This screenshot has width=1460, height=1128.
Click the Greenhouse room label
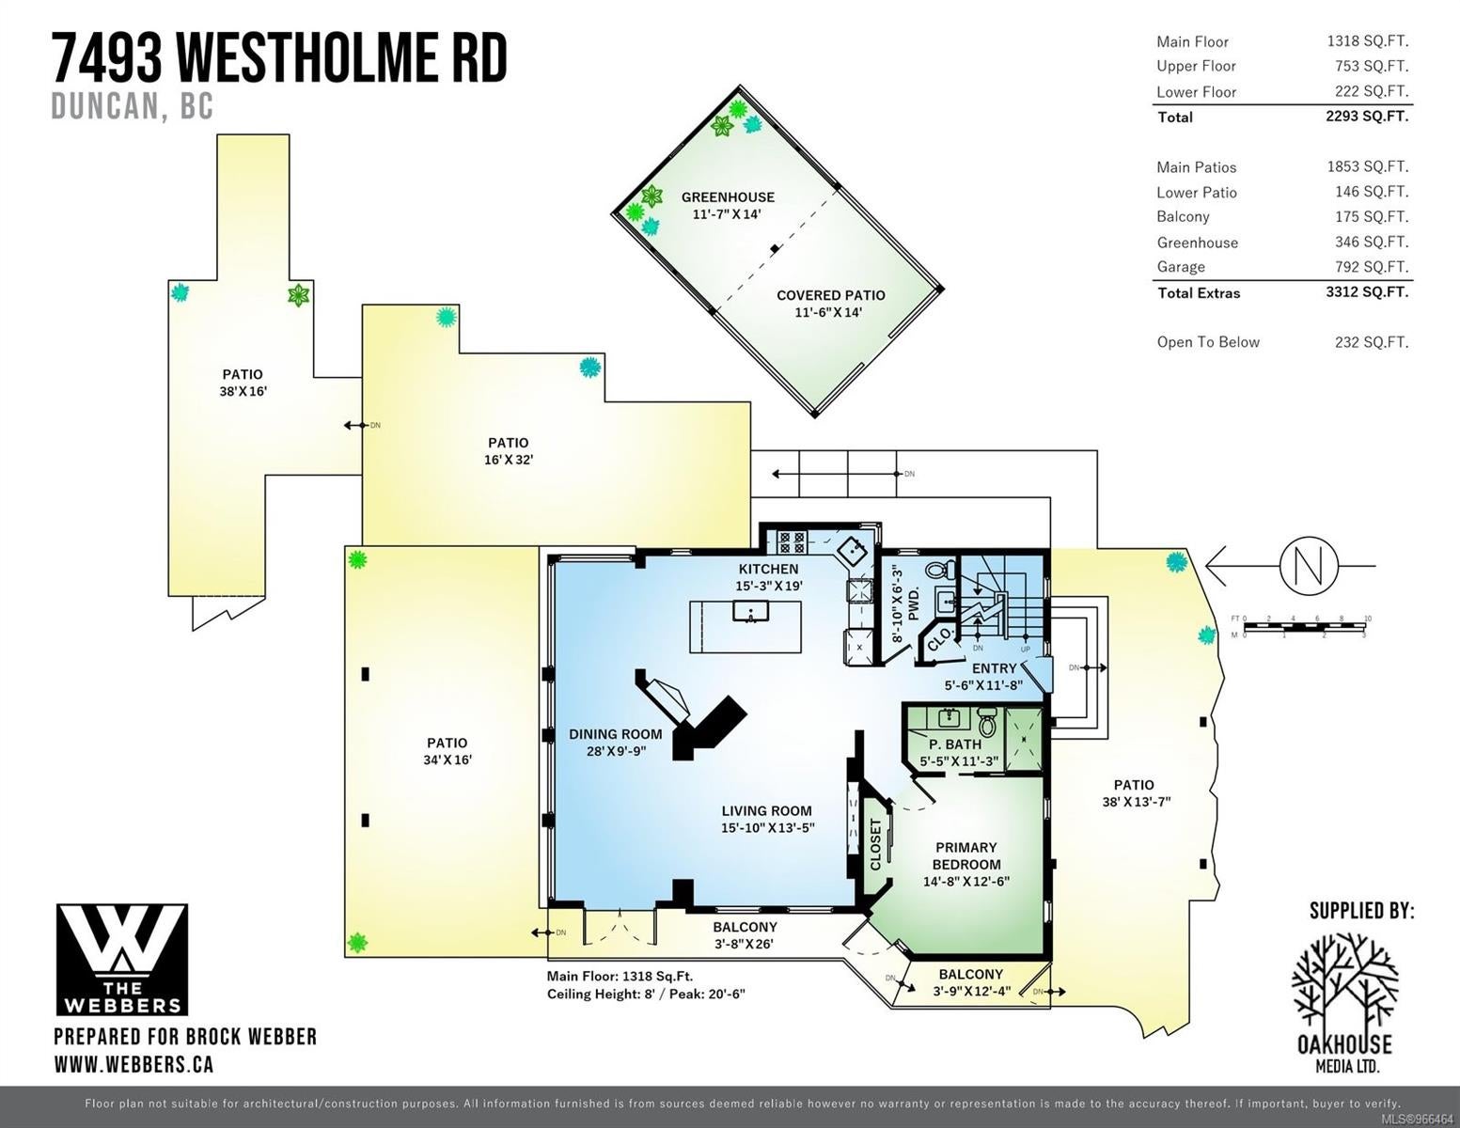pyautogui.click(x=728, y=197)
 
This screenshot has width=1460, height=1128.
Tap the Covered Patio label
pyautogui.click(x=830, y=295)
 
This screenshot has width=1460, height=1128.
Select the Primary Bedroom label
pyautogui.click(x=966, y=856)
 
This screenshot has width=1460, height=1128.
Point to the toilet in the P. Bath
pyautogui.click(x=987, y=722)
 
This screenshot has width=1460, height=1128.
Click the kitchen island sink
pyautogui.click(x=747, y=612)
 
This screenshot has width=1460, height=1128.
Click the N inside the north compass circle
pyautogui.click(x=1310, y=566)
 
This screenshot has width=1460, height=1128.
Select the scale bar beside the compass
pyautogui.click(x=1303, y=627)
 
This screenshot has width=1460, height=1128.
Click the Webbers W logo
pyautogui.click(x=121, y=960)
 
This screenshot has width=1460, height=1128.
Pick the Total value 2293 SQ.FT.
pyautogui.click(x=1367, y=117)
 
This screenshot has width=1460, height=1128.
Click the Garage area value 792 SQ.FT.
pyautogui.click(x=1372, y=267)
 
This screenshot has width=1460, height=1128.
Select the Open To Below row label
pyautogui.click(x=1208, y=342)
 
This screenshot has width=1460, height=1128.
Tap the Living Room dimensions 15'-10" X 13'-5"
pyautogui.click(x=767, y=828)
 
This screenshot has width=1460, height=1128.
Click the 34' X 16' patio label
pyautogui.click(x=447, y=760)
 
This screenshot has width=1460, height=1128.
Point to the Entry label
pyautogui.click(x=995, y=668)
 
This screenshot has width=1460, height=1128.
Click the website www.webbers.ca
pyautogui.click(x=133, y=1065)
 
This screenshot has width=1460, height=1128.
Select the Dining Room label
pyautogui.click(x=616, y=734)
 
